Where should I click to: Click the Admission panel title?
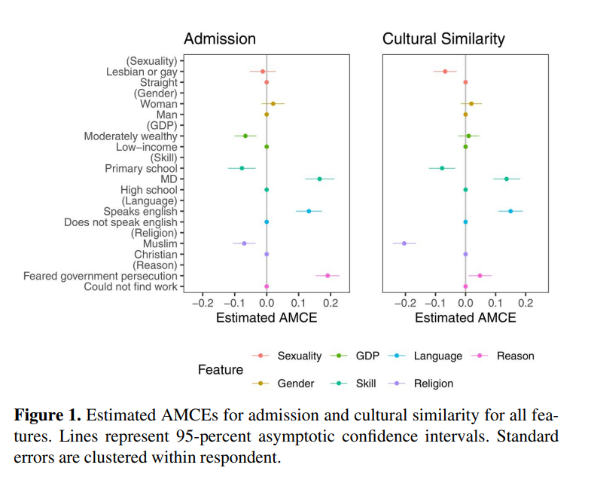[x=220, y=39]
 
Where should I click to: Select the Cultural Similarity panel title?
[x=443, y=39]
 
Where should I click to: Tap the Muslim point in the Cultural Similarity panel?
[x=404, y=243]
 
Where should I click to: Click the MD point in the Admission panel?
[x=319, y=179]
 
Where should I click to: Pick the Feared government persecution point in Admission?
[x=327, y=276]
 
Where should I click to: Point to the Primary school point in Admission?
[x=242, y=168]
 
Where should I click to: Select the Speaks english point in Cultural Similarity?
[x=510, y=211]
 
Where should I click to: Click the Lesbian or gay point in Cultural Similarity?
[x=445, y=72]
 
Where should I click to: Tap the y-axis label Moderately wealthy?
[x=130, y=136]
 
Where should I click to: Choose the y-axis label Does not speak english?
[x=120, y=222]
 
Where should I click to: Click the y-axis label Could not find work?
[x=130, y=286]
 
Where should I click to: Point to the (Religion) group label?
[x=155, y=233]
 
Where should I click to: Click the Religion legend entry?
[x=434, y=384]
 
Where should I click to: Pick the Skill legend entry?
[x=364, y=384]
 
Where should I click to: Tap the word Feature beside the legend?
[x=221, y=370]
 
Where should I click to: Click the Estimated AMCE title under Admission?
[x=267, y=318]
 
